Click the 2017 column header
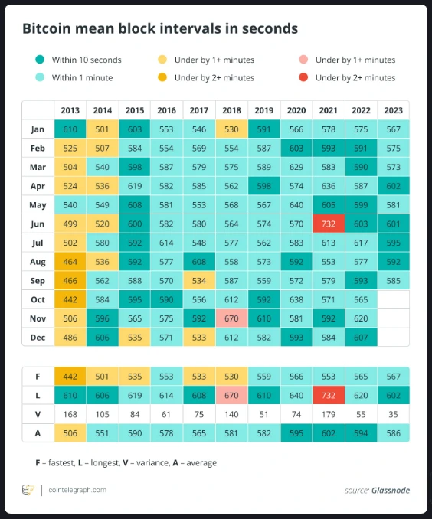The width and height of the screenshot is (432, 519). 199,110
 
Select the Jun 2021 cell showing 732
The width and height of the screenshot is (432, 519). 329,224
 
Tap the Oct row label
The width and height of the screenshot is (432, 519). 38,299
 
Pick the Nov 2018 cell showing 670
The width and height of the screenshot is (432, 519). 231,318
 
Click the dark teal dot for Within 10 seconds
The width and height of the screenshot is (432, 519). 40,60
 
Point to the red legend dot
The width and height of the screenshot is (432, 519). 303,77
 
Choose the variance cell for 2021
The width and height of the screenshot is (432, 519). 329,414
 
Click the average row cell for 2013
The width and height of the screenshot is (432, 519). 70,433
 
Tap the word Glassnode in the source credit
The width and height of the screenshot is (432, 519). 391,490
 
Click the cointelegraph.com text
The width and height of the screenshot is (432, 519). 77,490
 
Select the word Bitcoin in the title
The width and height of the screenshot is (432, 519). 47,28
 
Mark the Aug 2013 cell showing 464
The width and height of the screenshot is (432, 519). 70,262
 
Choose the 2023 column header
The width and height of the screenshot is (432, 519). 393,110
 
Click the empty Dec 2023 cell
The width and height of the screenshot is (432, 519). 393,338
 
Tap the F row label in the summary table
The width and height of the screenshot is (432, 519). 38,377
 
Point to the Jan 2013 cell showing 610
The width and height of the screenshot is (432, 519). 70,129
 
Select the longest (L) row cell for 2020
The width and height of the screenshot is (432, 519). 296,396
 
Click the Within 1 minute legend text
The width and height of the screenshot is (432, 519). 82,78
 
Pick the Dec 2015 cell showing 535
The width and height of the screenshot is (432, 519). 135,338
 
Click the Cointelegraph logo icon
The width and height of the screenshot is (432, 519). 28,490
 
